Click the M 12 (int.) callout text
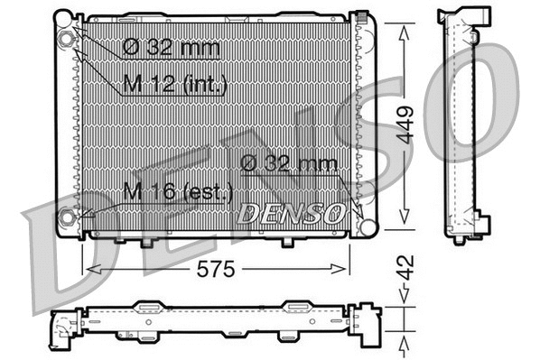pos(173,84)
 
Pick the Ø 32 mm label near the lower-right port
pos(289,163)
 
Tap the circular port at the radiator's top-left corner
pos(66,40)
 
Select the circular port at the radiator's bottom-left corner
pos(67,217)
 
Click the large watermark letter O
pos(483,86)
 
